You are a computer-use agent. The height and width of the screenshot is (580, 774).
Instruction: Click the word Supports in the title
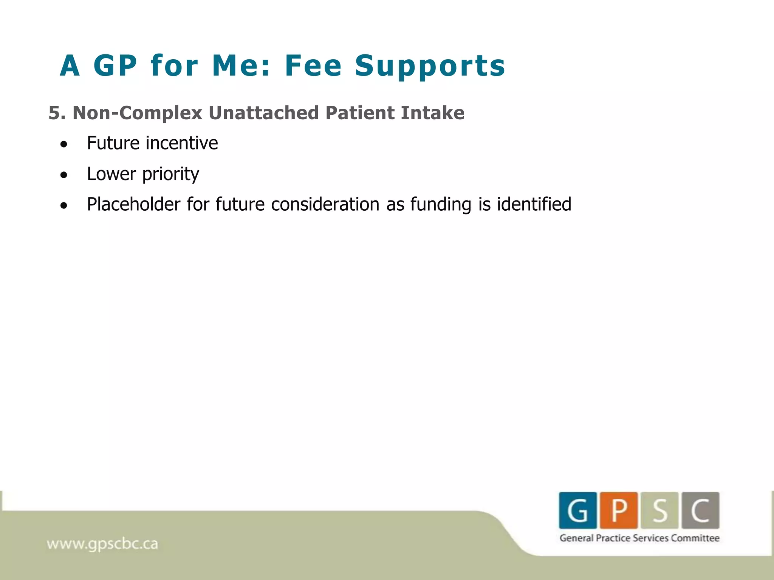click(x=430, y=66)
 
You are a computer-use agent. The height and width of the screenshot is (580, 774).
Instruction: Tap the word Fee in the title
click(x=313, y=66)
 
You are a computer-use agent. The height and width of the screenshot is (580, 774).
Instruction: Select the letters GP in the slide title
click(x=115, y=66)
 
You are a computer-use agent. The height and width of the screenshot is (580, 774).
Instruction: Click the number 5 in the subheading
click(x=54, y=113)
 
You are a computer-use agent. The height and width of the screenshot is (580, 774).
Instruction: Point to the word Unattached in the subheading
click(x=263, y=113)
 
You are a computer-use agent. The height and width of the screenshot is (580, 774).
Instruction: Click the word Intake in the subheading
click(x=432, y=113)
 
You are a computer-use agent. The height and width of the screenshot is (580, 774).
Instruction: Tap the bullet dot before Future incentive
click(x=64, y=144)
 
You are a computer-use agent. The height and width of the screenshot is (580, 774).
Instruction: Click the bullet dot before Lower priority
click(x=64, y=175)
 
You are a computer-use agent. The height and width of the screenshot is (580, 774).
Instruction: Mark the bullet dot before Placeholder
click(x=64, y=206)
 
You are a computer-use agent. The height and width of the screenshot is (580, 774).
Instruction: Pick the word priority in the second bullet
click(x=170, y=174)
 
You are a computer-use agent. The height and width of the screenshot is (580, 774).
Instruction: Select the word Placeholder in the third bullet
click(x=133, y=204)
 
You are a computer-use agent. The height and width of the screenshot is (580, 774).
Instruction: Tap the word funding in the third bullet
click(x=441, y=204)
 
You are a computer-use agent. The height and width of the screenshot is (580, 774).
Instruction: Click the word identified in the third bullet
click(x=534, y=204)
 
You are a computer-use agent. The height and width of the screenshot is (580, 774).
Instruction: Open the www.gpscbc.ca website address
click(x=102, y=544)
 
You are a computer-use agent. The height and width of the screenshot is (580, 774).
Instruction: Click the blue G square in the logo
click(x=578, y=510)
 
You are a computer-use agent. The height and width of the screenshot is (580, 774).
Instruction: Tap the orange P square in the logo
click(x=619, y=510)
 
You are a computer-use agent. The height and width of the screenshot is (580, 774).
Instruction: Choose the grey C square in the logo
click(x=700, y=510)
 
